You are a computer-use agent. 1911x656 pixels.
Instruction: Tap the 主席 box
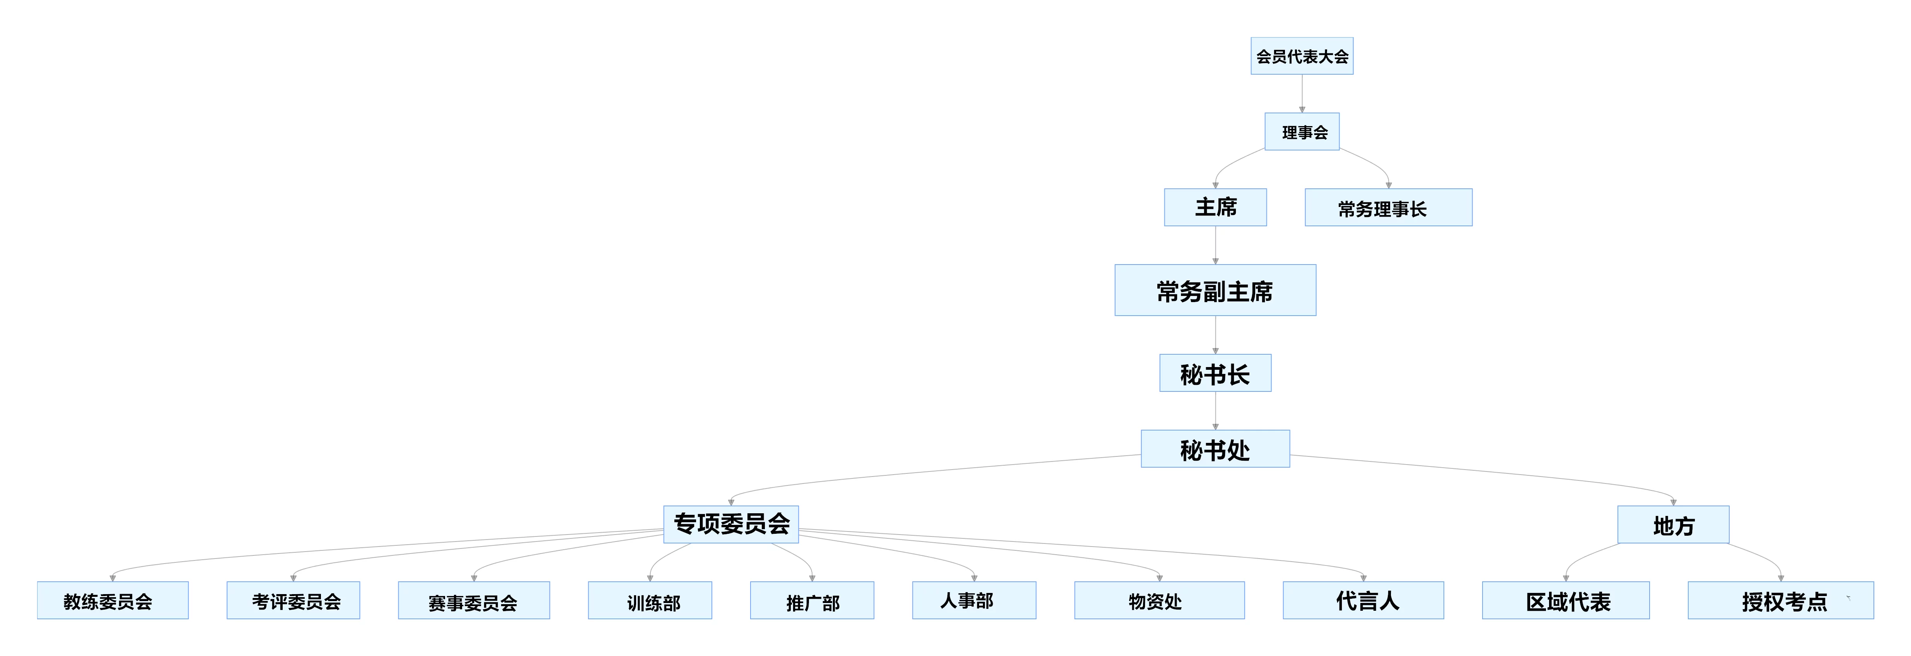click(1215, 208)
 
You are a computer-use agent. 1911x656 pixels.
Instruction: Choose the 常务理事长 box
click(1388, 208)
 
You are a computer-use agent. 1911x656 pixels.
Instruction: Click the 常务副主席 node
click(1215, 290)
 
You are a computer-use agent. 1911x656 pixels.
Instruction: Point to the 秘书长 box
click(1215, 373)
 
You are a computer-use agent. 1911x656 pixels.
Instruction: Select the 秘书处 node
click(1215, 449)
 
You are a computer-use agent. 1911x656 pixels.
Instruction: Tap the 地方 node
click(1673, 524)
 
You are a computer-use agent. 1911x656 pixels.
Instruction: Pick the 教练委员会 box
click(113, 600)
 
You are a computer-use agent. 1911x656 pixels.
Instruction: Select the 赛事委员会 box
click(474, 600)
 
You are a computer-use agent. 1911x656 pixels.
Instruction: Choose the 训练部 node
click(650, 600)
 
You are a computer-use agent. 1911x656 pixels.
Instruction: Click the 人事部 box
click(974, 600)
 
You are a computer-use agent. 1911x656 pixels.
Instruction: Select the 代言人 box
click(1363, 600)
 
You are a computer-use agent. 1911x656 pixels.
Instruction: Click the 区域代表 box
click(1566, 600)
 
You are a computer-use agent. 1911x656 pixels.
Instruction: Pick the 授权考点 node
click(1780, 600)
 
